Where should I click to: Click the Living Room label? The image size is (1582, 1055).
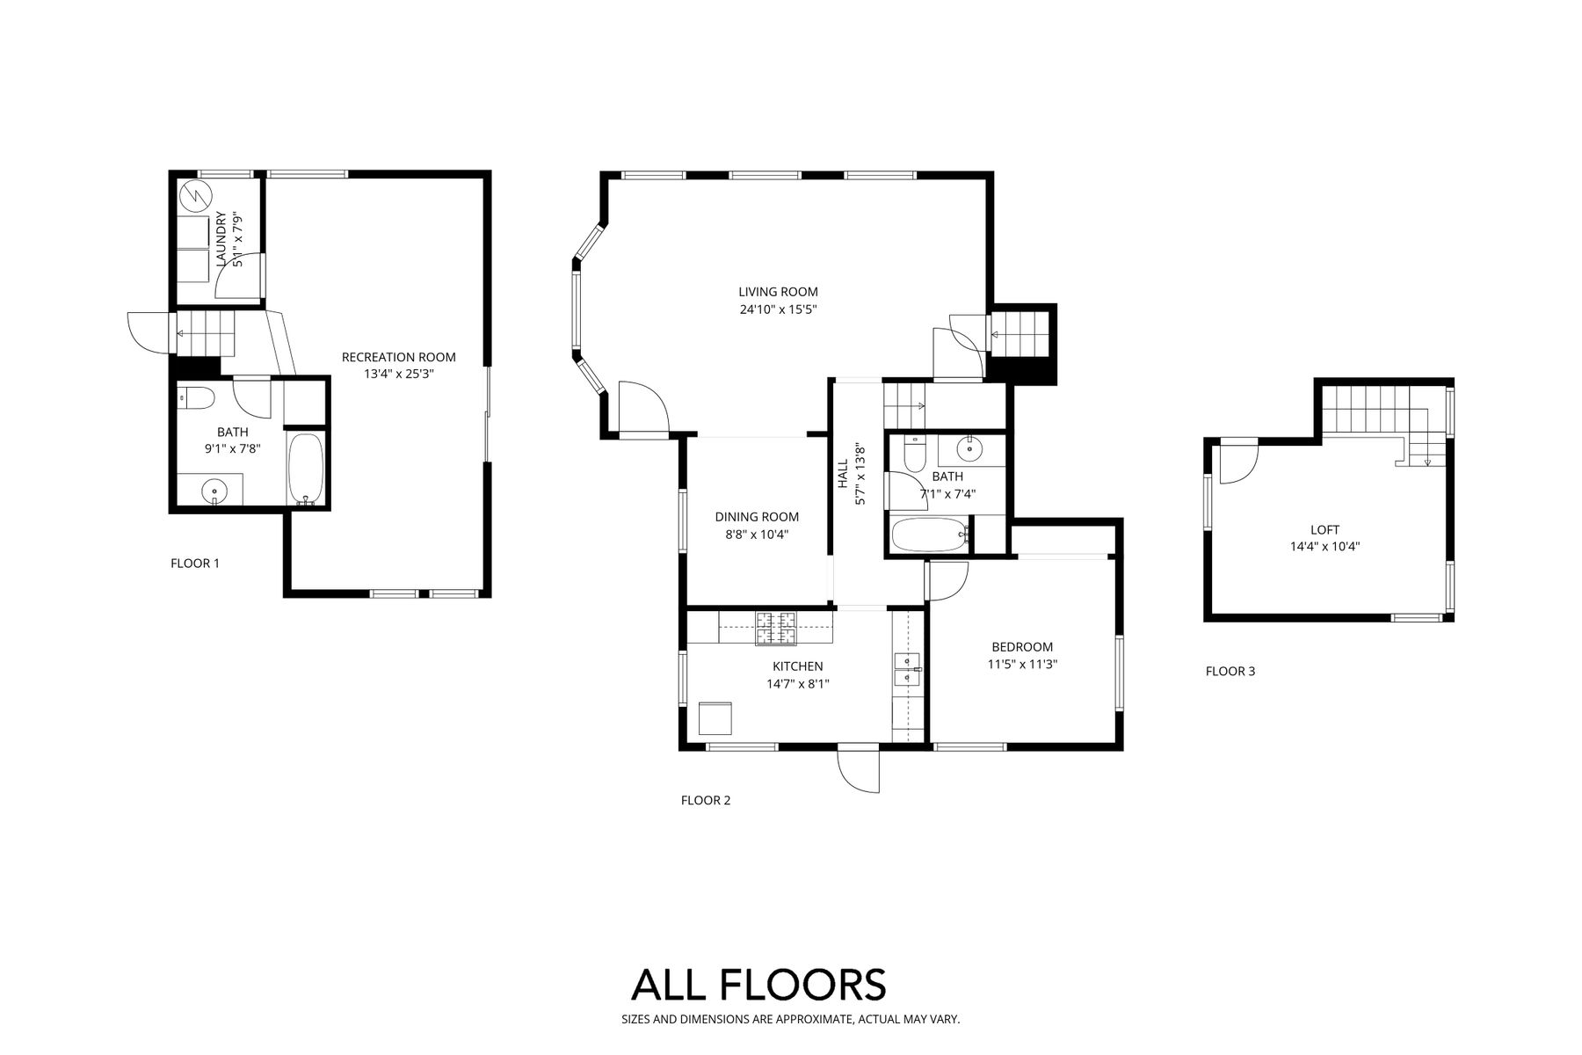[x=778, y=292]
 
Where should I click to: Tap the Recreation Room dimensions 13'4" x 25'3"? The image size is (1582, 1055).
[x=399, y=374]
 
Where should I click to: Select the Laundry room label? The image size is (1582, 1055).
[x=221, y=238]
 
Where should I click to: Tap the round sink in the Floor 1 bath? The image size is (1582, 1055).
[x=212, y=490]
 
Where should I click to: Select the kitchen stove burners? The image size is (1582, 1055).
[x=776, y=629]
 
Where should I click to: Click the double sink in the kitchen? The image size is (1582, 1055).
[x=907, y=669]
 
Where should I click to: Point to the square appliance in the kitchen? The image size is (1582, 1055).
[x=715, y=718]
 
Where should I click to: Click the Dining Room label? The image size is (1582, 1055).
[x=757, y=517]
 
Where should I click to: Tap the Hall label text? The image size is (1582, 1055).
[x=843, y=474]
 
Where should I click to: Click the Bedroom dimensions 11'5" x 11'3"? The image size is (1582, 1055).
[x=1022, y=665]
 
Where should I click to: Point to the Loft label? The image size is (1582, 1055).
[x=1324, y=530]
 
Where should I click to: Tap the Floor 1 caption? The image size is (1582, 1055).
[x=195, y=563]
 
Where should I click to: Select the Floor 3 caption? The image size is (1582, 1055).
[x=1230, y=671]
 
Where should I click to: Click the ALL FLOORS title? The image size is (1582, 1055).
[x=758, y=985]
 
